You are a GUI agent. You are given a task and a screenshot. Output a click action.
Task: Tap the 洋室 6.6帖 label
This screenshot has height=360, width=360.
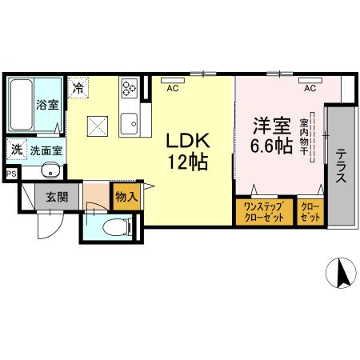pos(272,134)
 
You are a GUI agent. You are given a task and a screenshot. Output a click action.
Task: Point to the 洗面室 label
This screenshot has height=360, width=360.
pos(47,150)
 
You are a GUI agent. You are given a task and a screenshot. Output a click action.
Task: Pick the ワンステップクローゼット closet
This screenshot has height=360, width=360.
pos(264,212)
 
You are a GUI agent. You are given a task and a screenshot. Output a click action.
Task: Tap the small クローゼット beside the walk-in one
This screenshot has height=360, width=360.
pos(310,212)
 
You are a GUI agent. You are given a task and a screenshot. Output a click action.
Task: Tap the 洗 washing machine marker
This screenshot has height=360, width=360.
pos(16,148)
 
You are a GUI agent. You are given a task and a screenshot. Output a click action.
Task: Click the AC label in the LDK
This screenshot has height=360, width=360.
pos(172,89)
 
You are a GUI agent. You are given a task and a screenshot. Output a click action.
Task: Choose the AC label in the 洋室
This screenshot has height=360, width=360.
pos(309,89)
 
